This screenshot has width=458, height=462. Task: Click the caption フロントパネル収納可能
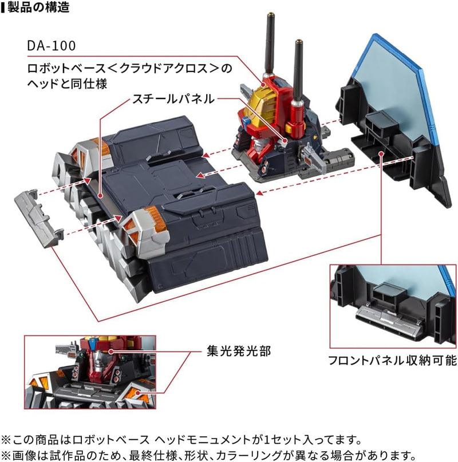pos(393,361)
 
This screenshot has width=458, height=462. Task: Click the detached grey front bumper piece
pos(39,216)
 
